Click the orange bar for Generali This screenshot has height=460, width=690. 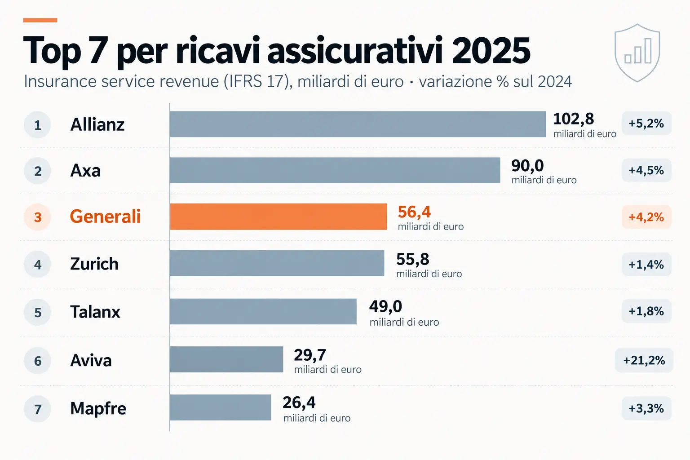point(279,217)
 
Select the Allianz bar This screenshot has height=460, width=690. point(358,124)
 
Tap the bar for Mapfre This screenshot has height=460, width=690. point(221,407)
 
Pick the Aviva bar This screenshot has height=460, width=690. point(226,359)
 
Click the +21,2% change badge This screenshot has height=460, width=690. point(644,360)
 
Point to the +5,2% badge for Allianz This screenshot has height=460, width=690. point(646,124)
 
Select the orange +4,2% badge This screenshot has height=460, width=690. point(646,217)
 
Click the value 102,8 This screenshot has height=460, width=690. point(573,119)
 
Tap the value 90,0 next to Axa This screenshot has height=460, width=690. point(527,166)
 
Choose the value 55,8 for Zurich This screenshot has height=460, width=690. point(412,260)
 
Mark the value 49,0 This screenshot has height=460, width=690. point(386,306)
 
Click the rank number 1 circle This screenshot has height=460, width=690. point(38,125)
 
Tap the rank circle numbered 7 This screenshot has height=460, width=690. point(38,409)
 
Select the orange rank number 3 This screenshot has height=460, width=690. point(38,217)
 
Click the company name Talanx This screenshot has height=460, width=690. point(95,312)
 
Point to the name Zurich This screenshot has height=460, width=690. point(94,264)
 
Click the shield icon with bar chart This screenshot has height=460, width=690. point(637,53)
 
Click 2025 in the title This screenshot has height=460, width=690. point(491,50)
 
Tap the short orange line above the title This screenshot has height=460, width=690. point(40,20)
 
